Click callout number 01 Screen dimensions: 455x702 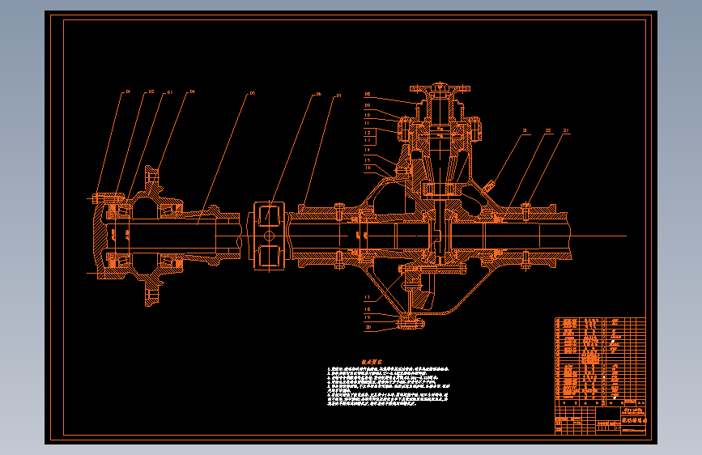pyautogui.click(x=127, y=92)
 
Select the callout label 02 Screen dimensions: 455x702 pyautogui.click(x=151, y=92)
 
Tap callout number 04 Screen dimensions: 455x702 pyautogui.click(x=192, y=91)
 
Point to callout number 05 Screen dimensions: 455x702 pyautogui.click(x=252, y=93)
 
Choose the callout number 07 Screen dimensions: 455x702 pyautogui.click(x=338, y=96)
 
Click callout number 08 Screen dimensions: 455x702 pyautogui.click(x=368, y=94)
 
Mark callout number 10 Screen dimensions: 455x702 pyautogui.click(x=368, y=114)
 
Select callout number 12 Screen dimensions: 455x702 pyautogui.click(x=368, y=131)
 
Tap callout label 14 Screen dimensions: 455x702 pyautogui.click(x=368, y=150)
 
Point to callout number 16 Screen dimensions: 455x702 pyautogui.click(x=368, y=168)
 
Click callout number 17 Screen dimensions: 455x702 pyautogui.click(x=368, y=297)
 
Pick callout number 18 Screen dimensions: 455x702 pyautogui.click(x=368, y=308)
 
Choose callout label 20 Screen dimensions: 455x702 pyautogui.click(x=368, y=327)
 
